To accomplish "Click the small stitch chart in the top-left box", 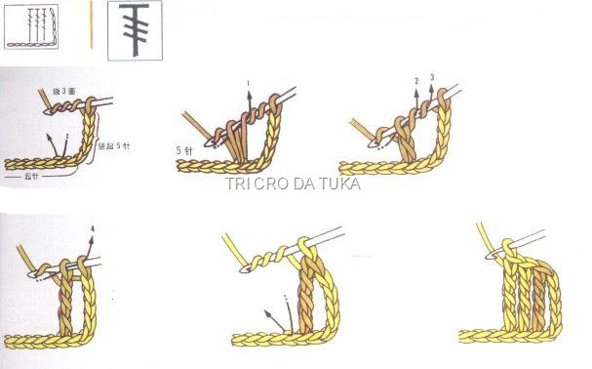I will [42, 26].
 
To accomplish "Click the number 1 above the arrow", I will [249, 84].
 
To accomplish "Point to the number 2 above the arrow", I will [416, 80].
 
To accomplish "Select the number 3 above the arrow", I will [431, 76].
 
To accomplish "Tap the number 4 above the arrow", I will [92, 230].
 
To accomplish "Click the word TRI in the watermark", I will [239, 184].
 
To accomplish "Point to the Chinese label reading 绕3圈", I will [64, 91].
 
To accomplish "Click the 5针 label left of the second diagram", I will [185, 150].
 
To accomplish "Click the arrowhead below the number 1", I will [249, 94].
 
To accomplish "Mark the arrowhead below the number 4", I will [92, 240].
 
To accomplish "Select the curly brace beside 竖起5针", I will [99, 146].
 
